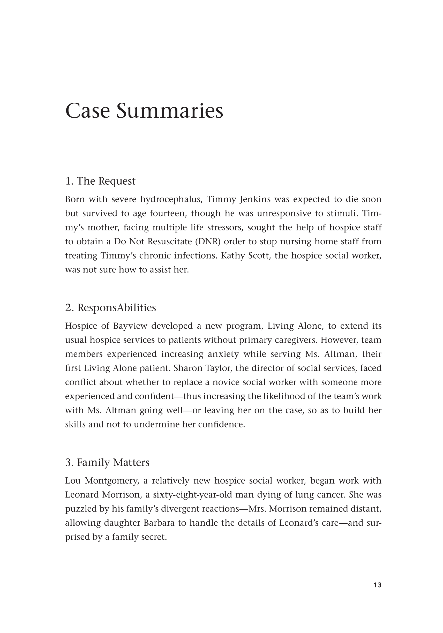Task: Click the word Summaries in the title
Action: [170, 111]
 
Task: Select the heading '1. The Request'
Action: [100, 181]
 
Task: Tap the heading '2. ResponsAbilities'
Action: [110, 308]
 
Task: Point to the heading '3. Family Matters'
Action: [107, 462]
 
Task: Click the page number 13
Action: [377, 593]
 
